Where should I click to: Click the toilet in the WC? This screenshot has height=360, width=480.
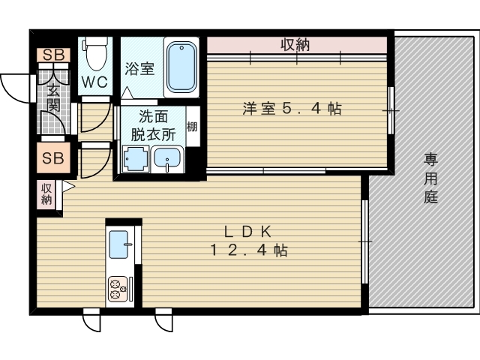click(x=95, y=52)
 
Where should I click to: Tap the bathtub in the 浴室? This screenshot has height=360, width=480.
click(x=181, y=67)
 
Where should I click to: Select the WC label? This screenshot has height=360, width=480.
click(x=95, y=82)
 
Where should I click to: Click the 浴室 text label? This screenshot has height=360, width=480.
click(x=139, y=68)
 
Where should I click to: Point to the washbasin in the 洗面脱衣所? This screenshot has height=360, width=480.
click(x=167, y=158)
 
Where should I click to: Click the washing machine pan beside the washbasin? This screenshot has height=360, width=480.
click(x=135, y=159)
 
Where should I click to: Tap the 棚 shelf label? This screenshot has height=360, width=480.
click(x=192, y=127)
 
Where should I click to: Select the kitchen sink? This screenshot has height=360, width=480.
click(x=118, y=244)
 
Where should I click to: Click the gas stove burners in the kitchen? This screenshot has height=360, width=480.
click(x=118, y=289)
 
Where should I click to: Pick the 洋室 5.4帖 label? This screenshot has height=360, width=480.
click(x=292, y=108)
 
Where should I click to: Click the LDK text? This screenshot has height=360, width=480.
click(x=248, y=232)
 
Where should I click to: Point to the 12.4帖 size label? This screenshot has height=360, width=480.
click(x=248, y=250)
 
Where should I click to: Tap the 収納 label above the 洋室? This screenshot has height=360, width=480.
click(x=295, y=45)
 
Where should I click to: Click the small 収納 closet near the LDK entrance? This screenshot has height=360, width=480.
click(x=46, y=194)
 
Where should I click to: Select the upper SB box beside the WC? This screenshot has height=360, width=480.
click(x=54, y=55)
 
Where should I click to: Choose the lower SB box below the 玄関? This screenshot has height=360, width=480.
click(x=53, y=158)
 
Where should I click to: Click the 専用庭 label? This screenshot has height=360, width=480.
click(x=430, y=178)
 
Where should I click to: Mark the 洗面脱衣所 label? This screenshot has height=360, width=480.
click(x=153, y=125)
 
